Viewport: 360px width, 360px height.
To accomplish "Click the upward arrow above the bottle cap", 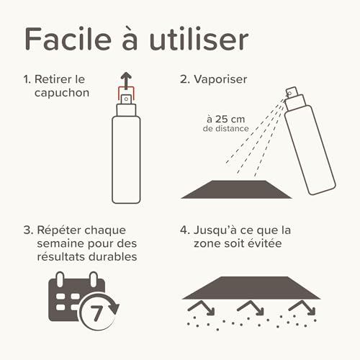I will point(126,78).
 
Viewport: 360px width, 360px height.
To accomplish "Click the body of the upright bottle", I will point(126,158).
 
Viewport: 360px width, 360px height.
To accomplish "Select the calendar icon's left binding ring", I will point(62,279).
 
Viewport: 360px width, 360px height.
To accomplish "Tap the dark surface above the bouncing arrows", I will point(251,287).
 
